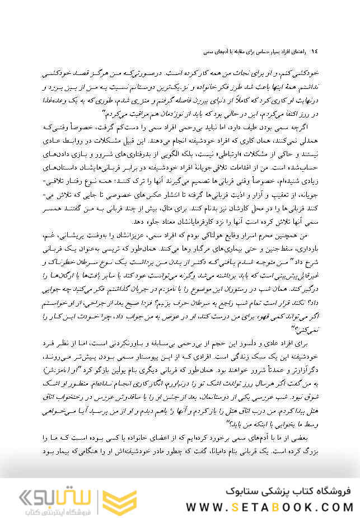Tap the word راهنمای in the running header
pos(300,51)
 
